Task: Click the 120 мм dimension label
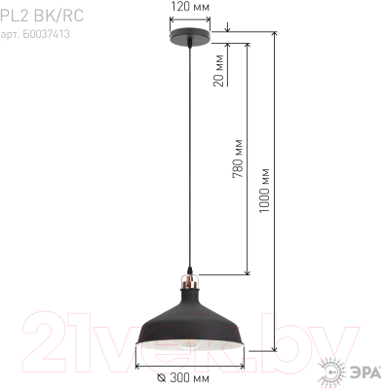(190, 7)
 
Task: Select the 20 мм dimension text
(219, 71)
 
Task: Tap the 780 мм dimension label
(238, 159)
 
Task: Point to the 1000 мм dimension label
(264, 191)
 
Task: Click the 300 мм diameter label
(189, 378)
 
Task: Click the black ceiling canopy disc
(190, 35)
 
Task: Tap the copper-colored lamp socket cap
(190, 281)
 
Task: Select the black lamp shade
(189, 321)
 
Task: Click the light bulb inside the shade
(190, 343)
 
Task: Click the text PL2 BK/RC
(42, 16)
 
